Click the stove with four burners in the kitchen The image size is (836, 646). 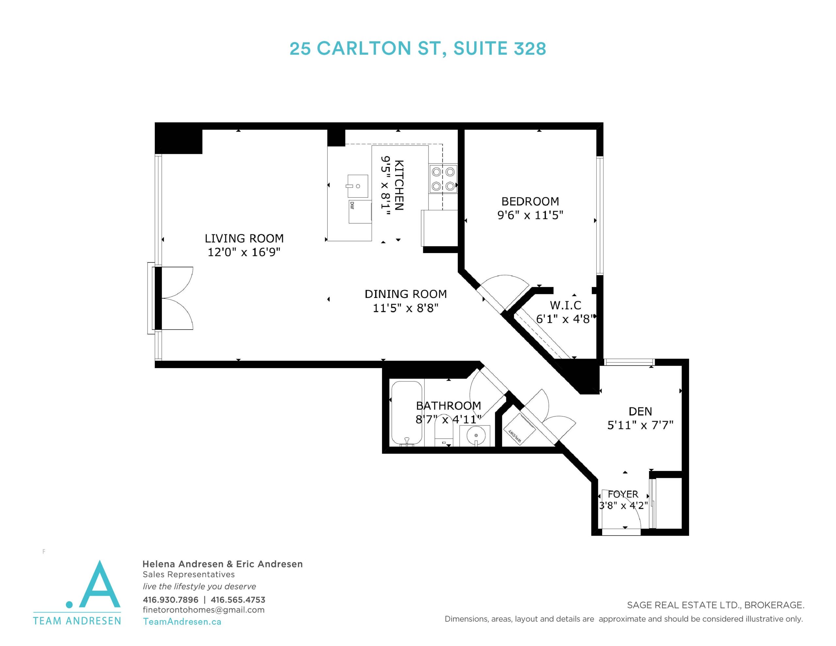tap(443, 179)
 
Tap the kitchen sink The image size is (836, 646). tap(358, 186)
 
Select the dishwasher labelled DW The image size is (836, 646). tap(360, 211)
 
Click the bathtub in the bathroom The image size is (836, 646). tap(407, 413)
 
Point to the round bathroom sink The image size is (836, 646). tap(476, 435)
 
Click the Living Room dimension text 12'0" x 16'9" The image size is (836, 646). tap(244, 252)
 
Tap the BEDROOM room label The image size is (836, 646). tap(530, 202)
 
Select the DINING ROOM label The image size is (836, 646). tap(406, 294)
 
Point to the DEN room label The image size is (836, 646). tap(640, 411)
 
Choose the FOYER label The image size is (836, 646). tap(623, 494)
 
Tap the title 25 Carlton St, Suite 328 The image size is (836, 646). tap(418, 49)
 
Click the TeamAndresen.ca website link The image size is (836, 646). tap(182, 622)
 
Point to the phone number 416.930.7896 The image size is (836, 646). tap(170, 600)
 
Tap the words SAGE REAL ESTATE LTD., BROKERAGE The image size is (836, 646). tap(715, 606)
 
